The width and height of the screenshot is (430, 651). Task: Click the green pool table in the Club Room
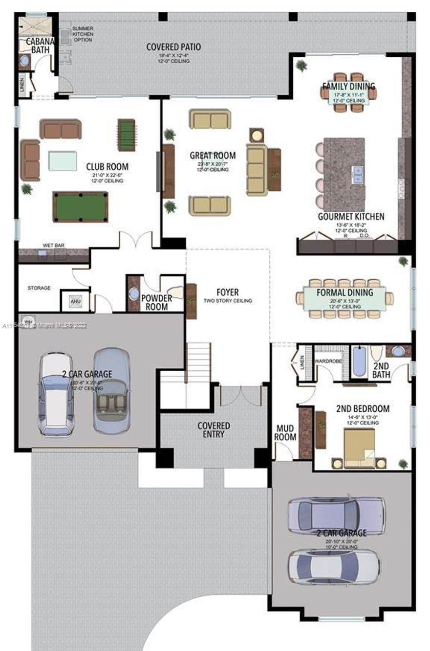80,206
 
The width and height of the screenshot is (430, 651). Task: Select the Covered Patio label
173,47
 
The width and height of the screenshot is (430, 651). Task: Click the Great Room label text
213,156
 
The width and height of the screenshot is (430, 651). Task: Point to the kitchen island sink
358,172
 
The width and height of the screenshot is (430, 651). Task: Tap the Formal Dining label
345,293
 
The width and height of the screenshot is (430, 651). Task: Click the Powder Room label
156,302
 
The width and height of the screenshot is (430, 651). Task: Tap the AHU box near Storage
75,301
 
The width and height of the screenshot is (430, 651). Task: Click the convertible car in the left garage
112,391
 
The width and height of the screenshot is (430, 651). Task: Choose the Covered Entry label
214,429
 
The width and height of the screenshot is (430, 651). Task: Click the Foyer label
227,292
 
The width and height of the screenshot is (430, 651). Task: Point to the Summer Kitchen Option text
83,34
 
